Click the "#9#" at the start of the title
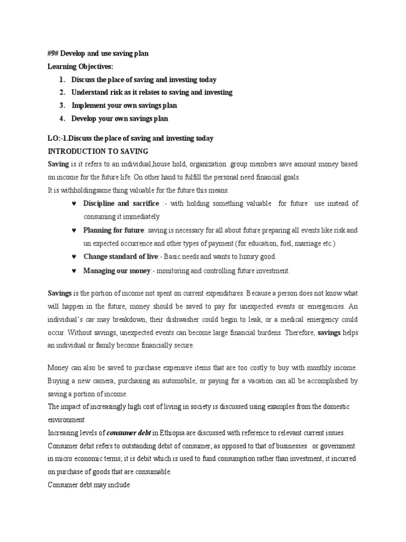pyautogui.click(x=53, y=53)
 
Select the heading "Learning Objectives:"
pyautogui.click(x=80, y=66)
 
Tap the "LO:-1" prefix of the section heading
pyautogui.click(x=57, y=139)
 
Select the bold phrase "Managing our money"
pyautogui.click(x=117, y=270)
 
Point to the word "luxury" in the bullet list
pyautogui.click(x=243, y=257)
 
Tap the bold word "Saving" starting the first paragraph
pyautogui.click(x=58, y=165)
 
